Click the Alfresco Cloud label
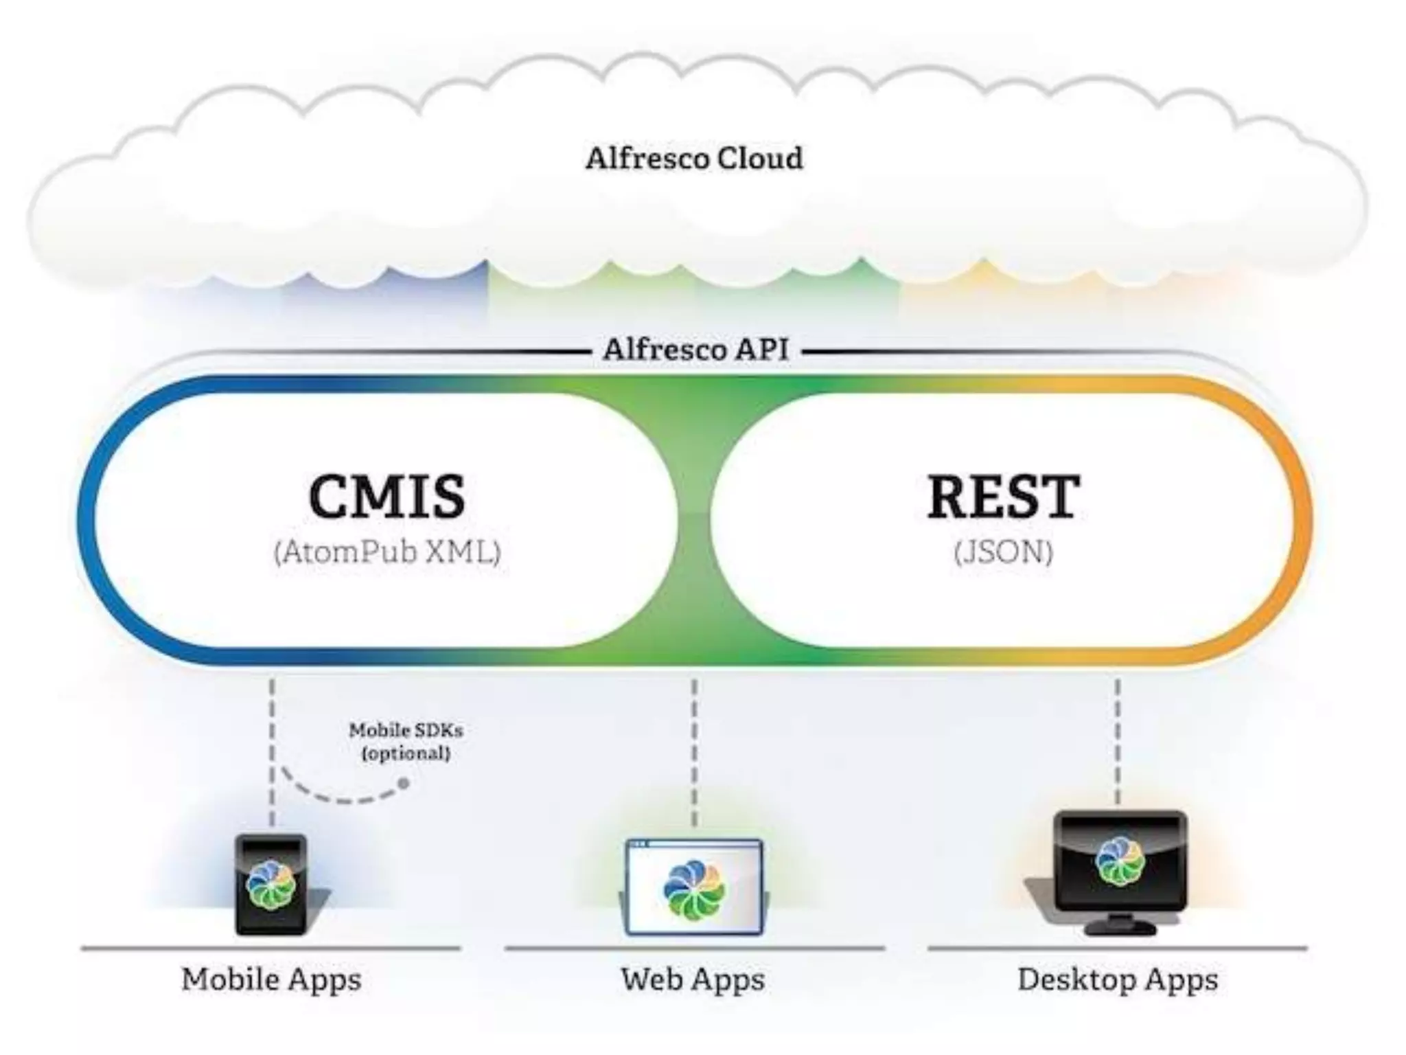[x=694, y=159]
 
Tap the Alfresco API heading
[x=695, y=350]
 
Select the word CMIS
[x=387, y=496]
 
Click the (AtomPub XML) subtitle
[x=387, y=552]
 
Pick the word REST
[x=1003, y=496]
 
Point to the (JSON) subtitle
[x=1003, y=552]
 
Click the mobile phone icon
[x=271, y=885]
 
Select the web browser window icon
[x=694, y=886]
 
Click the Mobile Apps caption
[x=271, y=979]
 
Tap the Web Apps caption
[x=693, y=979]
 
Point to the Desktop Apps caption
[x=1118, y=979]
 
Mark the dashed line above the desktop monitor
[x=1118, y=742]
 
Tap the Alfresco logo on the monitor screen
[x=1120, y=861]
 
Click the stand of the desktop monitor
[x=1119, y=924]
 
